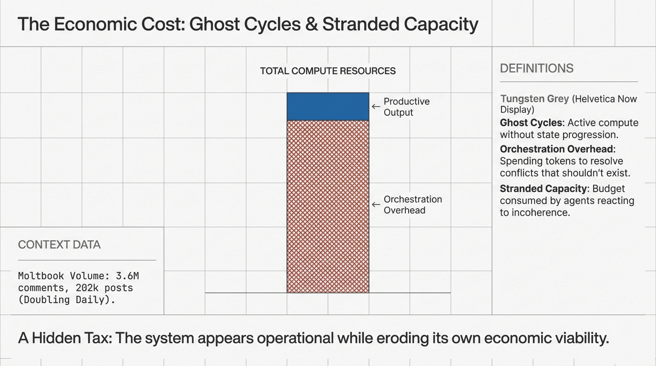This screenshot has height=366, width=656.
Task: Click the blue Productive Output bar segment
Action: pos(328,106)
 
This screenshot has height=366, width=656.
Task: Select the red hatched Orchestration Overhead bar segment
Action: pos(328,206)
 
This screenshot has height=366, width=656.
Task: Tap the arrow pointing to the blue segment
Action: pos(376,107)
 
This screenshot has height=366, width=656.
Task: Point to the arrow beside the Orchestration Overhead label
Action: pos(376,205)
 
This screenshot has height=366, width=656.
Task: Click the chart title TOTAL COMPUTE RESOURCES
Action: pos(328,71)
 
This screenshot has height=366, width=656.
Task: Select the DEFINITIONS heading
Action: pos(536,68)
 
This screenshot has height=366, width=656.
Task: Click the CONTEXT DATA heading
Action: pos(59,245)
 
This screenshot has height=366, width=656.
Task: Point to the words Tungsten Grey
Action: pos(534,99)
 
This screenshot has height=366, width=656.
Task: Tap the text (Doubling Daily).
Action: pos(67,300)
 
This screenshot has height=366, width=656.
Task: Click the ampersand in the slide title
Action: pos(311,24)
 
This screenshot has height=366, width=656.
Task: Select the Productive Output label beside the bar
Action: pos(406,107)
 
